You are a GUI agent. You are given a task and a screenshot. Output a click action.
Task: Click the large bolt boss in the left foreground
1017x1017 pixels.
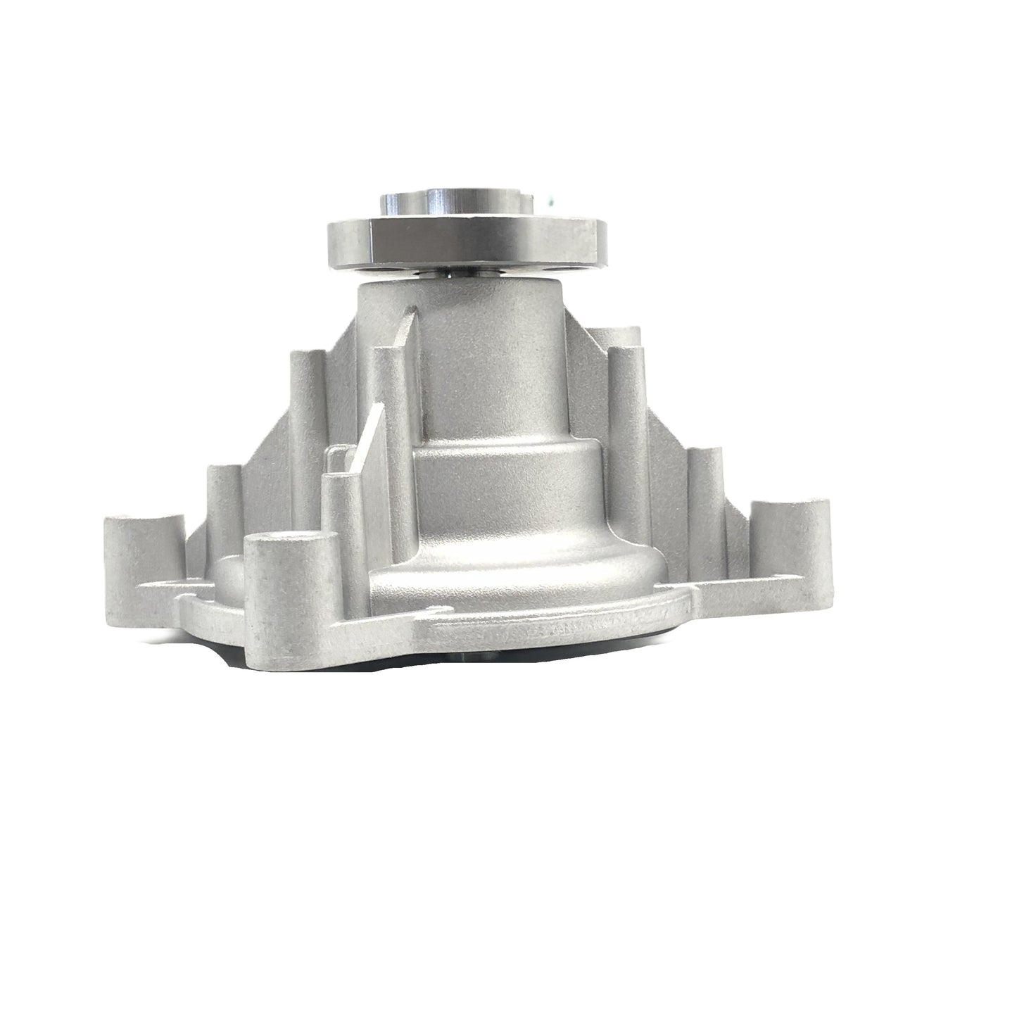tap(289, 570)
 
